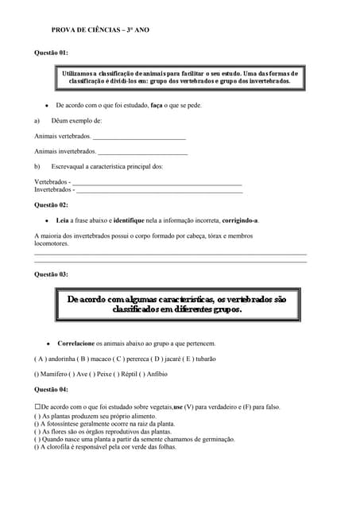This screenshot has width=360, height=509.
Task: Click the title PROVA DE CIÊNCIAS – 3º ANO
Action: point(99,29)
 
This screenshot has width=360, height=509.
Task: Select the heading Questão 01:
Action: point(51,52)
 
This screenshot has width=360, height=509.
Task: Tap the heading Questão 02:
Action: point(51,205)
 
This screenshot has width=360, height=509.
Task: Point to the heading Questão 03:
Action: point(51,274)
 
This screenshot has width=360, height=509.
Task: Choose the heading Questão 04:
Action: point(51,390)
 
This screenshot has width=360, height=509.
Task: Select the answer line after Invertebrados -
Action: point(159,191)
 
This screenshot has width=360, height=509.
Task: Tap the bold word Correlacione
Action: point(75,344)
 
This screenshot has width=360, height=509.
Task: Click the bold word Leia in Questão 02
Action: point(63,220)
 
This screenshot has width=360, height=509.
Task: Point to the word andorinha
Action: point(62,359)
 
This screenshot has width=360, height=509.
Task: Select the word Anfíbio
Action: point(157,374)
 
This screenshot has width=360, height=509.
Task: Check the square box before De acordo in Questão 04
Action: point(37,406)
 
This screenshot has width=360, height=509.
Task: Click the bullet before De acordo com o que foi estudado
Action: point(47,105)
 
